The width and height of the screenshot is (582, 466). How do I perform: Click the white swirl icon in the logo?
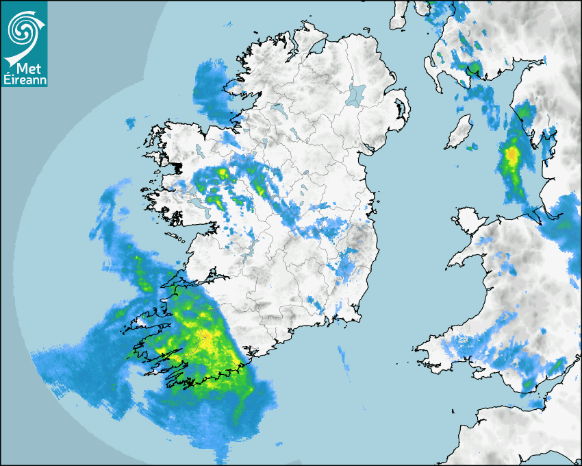pos(23,29)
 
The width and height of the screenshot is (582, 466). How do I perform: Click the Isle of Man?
pos(459,132)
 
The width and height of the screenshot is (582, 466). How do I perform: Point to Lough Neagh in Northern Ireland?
pos(357,94)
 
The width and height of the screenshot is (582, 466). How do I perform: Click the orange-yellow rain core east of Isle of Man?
pos(511,156)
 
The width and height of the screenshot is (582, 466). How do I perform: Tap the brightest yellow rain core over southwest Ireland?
pos(205,335)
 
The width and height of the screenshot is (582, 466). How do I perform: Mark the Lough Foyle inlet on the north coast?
pos(317,49)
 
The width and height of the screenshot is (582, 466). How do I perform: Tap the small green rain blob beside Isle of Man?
pos(471,146)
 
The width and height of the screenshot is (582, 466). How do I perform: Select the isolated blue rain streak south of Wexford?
pos(342,356)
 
